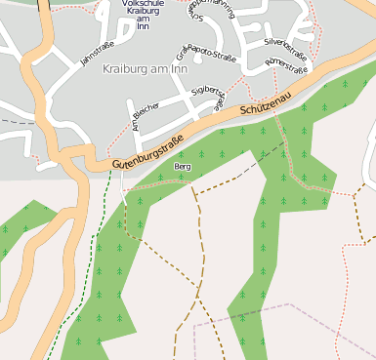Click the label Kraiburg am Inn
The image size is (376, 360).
(144, 69)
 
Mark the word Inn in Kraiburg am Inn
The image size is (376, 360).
(176, 69)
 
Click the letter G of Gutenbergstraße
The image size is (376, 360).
(115, 167)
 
